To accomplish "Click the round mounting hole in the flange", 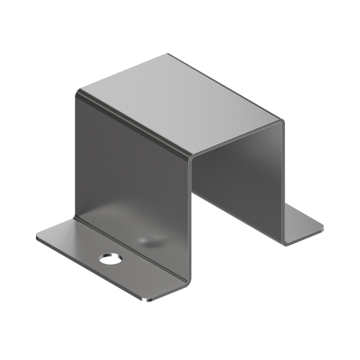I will [111, 258].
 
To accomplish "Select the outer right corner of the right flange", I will [320, 229].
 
